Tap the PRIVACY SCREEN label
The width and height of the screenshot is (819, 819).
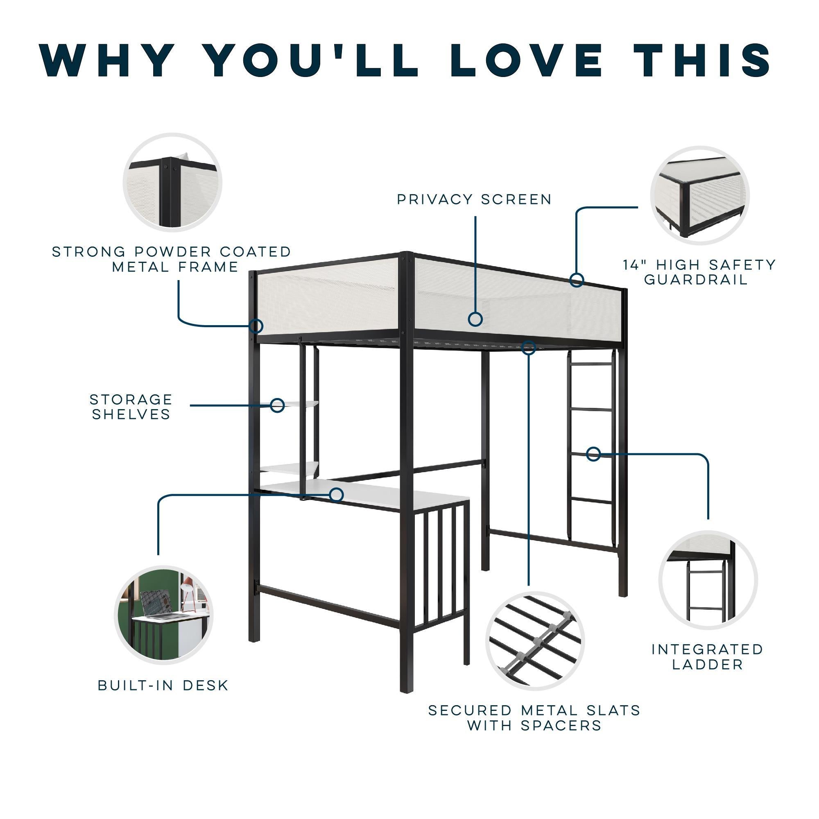coord(474,199)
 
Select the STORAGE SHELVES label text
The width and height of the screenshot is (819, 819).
coord(131,407)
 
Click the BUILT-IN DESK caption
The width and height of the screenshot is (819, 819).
coord(163,685)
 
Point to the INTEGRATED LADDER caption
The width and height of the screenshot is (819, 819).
coord(708,657)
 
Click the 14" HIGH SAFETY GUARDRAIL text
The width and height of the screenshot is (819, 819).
coord(699,272)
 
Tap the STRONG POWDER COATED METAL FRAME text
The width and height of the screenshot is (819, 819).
coord(172,259)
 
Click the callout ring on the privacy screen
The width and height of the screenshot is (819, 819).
coord(475,319)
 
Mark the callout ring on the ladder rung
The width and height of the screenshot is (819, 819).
coord(593,454)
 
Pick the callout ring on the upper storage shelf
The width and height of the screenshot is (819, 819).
coord(277,405)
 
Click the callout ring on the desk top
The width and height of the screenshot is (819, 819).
coord(336,494)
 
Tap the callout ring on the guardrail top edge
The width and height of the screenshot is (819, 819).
coord(577,280)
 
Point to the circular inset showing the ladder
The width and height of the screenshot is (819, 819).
coord(708,579)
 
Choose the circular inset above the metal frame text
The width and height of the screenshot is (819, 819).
coord(172,182)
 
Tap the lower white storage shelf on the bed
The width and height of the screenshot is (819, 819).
coord(288,468)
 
